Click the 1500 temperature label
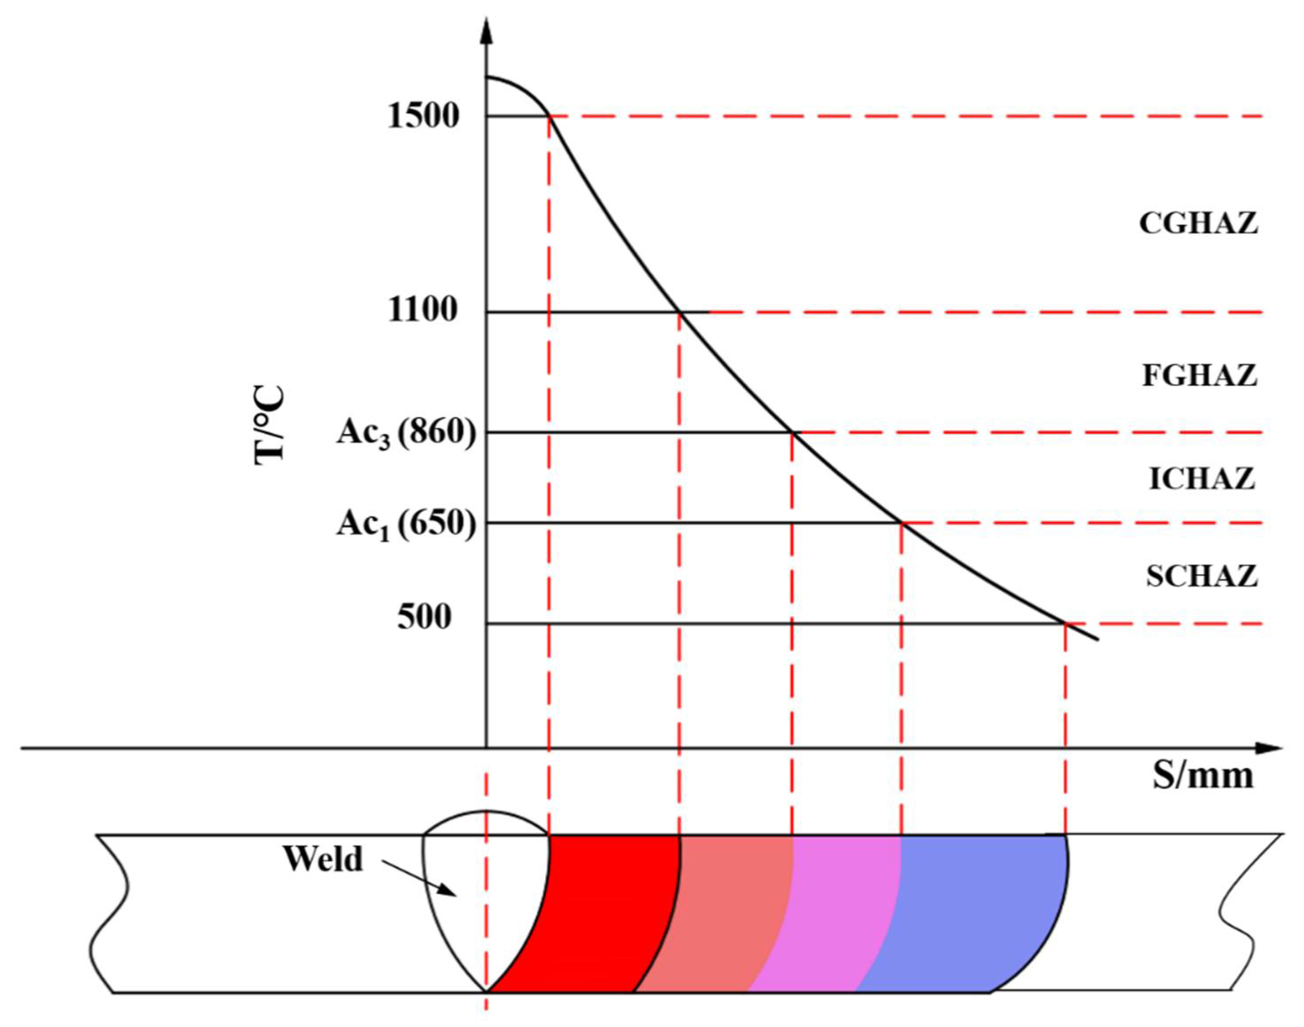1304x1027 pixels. coord(423,116)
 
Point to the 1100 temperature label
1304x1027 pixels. coord(423,311)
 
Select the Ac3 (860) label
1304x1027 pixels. coord(406,432)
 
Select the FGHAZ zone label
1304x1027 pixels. coord(1199,376)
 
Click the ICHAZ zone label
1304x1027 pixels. coord(1202,479)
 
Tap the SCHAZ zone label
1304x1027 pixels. coord(1202,576)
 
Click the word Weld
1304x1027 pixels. coord(323,859)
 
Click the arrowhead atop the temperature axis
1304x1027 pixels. coord(487,30)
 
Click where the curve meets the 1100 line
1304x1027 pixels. coord(679,312)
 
